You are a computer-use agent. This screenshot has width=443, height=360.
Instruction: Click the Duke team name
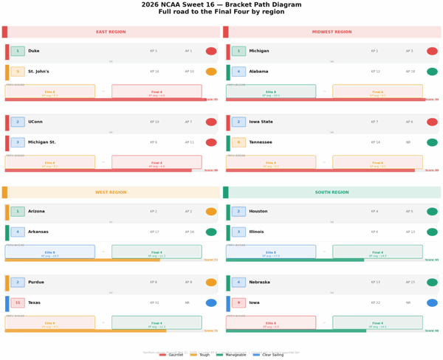point(33,52)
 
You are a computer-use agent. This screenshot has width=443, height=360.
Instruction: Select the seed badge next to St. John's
point(18,72)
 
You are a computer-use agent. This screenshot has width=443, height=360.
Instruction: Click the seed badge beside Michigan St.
point(18,142)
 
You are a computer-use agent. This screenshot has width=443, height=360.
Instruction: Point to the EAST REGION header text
point(111,32)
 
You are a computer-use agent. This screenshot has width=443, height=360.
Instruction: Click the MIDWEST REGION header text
point(332,32)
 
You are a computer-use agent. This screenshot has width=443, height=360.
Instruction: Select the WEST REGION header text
point(111,193)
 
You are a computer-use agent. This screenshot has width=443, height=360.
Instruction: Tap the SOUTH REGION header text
point(332,193)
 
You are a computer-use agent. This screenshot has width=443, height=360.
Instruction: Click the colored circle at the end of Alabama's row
point(432,72)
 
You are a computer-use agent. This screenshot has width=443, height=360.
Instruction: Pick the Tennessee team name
point(262,142)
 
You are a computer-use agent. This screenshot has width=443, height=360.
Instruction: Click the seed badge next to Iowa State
point(238,122)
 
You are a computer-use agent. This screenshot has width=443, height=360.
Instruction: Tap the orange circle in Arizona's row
point(211,212)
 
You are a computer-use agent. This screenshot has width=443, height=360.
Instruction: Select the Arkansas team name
point(39,232)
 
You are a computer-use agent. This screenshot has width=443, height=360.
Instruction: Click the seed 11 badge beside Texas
point(18,303)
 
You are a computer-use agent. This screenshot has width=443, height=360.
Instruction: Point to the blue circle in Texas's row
point(211,303)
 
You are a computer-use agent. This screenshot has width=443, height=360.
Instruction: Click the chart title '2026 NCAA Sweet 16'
point(221,4)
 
